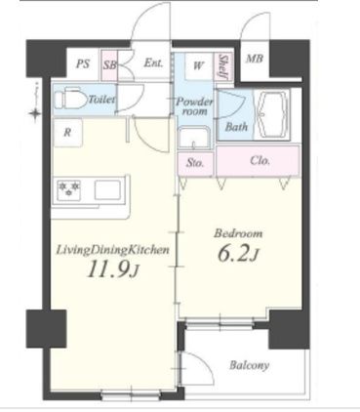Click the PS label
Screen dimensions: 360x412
pos(83,63)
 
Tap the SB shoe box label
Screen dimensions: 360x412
pos(110,64)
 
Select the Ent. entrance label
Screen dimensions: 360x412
pos(153,62)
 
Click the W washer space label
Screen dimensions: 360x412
pos(198,65)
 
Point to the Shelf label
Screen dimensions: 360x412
pos(223,66)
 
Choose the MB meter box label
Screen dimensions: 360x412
pos(255,59)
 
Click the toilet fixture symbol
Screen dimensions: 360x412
pos(70,98)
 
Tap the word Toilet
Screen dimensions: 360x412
pos(101,100)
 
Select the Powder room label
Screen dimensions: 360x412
pos(194,106)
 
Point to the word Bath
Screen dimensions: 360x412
pos(236,127)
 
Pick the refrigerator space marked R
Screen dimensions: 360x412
pos(67,133)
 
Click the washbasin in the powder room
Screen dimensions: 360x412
pos(194,138)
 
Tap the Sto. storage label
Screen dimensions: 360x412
pos(195,162)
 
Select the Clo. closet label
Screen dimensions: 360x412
pos(260,160)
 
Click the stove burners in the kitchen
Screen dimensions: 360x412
pos(69,189)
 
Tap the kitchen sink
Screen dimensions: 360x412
pos(107,190)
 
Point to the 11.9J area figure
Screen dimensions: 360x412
pos(113,269)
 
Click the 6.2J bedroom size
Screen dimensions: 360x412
pos(238,254)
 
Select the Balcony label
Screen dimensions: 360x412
pos(249,365)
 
